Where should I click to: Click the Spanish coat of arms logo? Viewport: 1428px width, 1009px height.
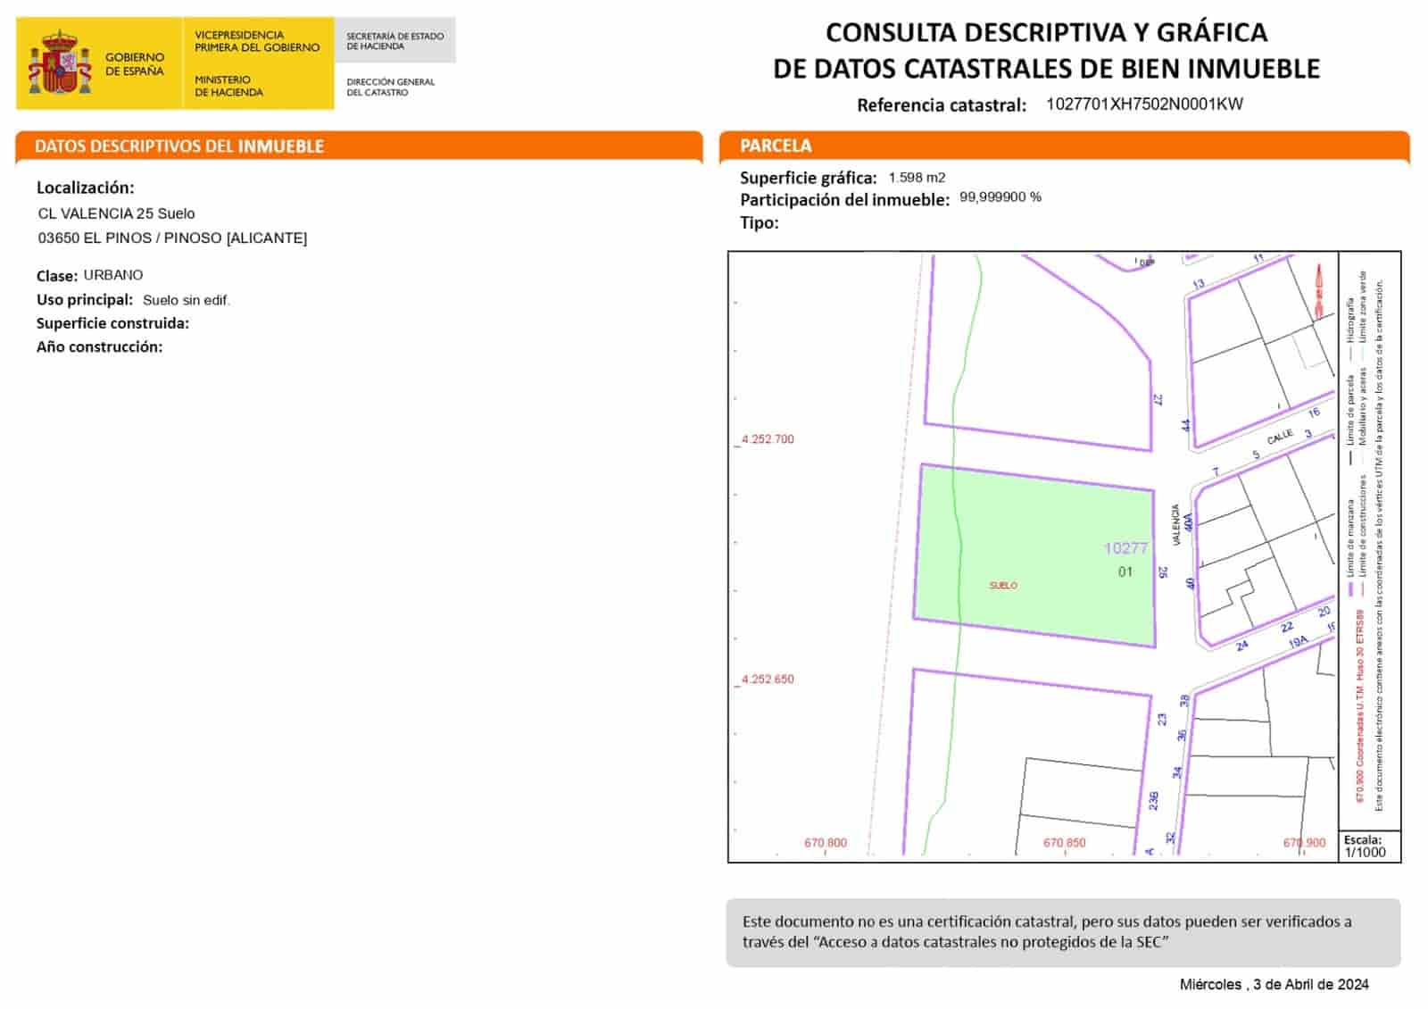[x=60, y=63]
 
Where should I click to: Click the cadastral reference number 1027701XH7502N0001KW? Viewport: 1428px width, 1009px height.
[x=1144, y=104]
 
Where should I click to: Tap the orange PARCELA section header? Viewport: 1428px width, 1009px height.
[x=776, y=146]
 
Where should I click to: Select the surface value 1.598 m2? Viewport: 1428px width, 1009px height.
[x=917, y=178]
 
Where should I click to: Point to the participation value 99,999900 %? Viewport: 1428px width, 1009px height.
[x=1000, y=197]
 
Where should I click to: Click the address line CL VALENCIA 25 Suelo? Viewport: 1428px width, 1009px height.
[x=116, y=213]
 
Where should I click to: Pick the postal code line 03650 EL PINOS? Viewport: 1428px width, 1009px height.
[x=172, y=238]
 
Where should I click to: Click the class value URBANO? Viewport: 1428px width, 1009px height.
[x=113, y=275]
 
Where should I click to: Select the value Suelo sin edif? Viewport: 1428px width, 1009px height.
[x=187, y=300]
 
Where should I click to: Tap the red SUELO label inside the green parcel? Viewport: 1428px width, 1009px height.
[x=1003, y=586]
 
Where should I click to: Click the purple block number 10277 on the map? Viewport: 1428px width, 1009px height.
[x=1125, y=548]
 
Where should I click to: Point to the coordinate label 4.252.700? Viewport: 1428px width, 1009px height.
[x=768, y=439]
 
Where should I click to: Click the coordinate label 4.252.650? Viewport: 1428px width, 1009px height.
[x=768, y=680]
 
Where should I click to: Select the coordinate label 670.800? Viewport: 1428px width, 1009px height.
[x=826, y=843]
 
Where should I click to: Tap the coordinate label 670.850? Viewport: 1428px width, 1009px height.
[x=1065, y=843]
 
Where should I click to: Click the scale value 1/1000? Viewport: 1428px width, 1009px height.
[x=1366, y=853]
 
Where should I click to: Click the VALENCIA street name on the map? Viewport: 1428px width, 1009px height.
[x=1175, y=525]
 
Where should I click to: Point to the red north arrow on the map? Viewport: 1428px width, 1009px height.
[x=1319, y=290]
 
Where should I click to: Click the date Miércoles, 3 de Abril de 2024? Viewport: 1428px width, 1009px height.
[x=1274, y=985]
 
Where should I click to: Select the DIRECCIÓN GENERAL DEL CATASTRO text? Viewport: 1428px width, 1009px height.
[x=390, y=87]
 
